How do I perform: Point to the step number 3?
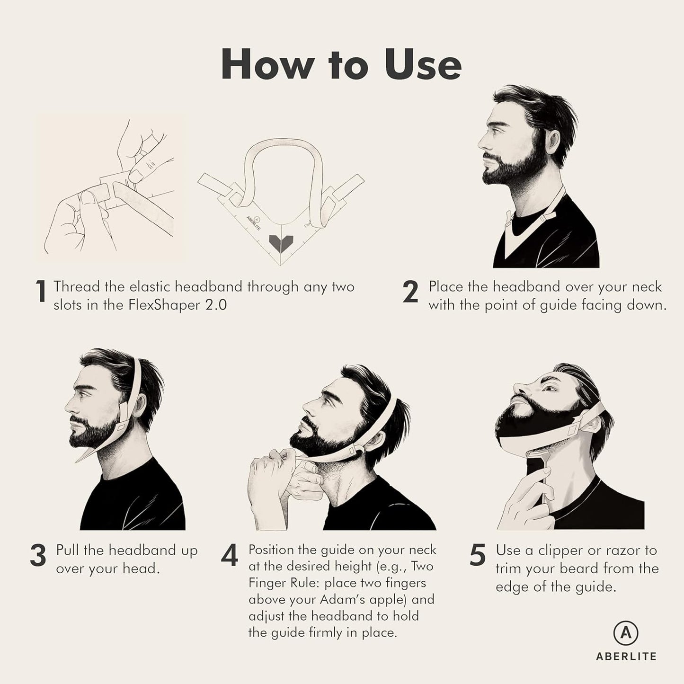point(38,555)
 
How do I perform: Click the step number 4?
point(229,556)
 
